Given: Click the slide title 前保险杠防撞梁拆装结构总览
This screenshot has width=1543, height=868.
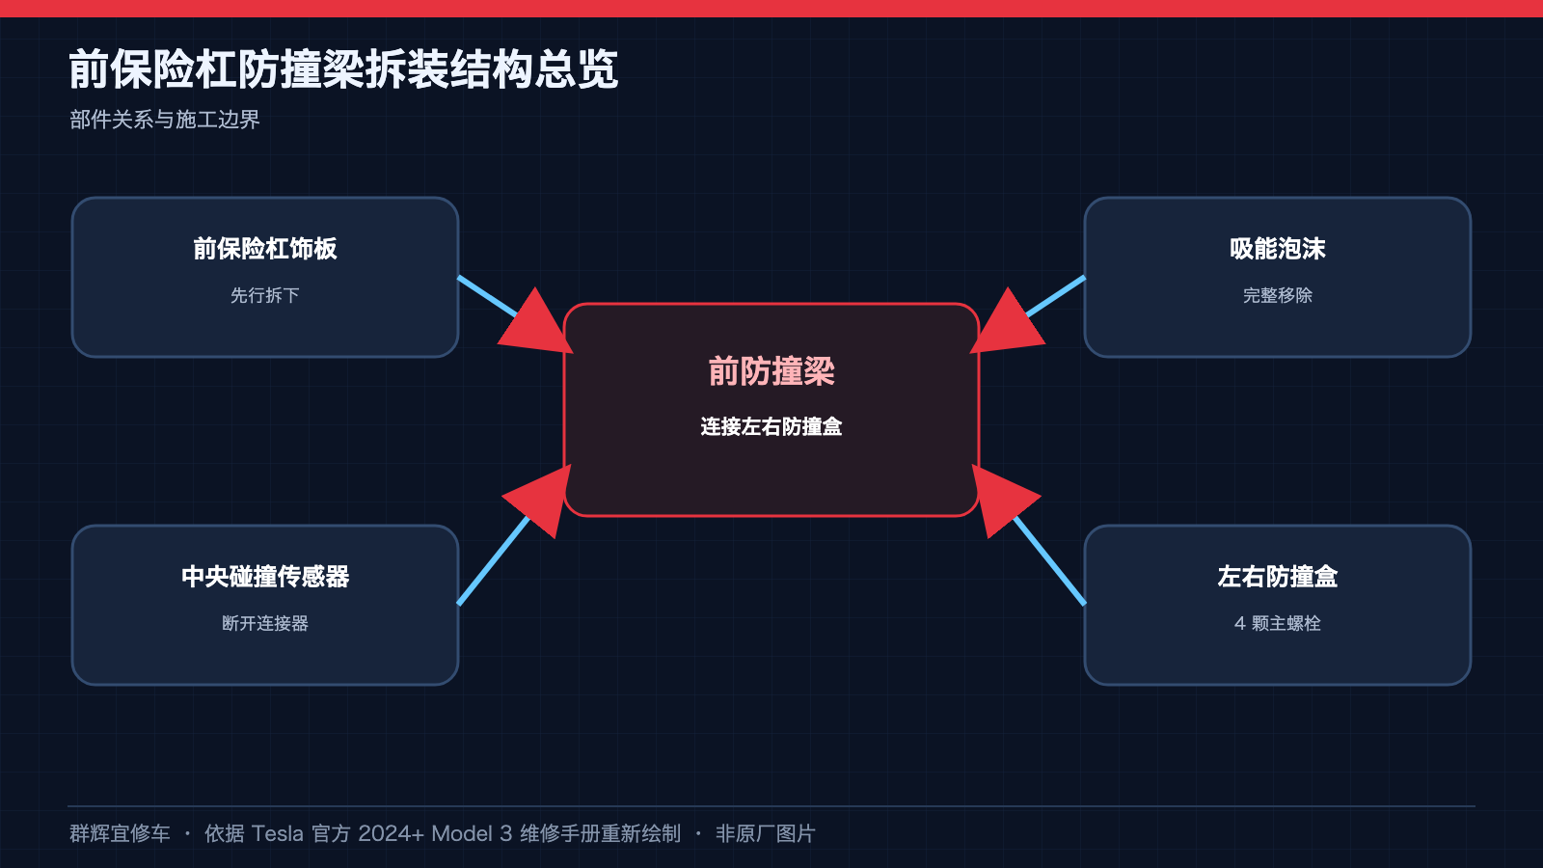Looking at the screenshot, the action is click(x=343, y=68).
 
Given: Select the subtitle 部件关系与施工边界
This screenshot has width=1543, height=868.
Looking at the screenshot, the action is click(x=165, y=120).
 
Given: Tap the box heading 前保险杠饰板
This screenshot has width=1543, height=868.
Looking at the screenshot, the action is click(x=265, y=249).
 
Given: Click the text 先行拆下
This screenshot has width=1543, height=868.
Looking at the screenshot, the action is click(x=265, y=295).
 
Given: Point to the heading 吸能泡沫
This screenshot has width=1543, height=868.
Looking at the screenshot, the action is click(x=1278, y=249).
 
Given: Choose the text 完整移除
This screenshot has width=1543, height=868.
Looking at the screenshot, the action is click(x=1278, y=295).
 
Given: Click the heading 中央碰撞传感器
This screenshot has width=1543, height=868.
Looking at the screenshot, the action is click(x=265, y=577).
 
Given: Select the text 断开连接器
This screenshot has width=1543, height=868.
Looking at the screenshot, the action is click(x=265, y=623).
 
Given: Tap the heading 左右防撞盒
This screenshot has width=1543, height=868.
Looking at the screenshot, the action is click(x=1278, y=577).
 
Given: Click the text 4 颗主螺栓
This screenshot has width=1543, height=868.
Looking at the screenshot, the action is click(x=1278, y=623).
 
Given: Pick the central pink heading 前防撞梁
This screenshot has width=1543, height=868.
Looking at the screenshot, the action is click(x=771, y=371).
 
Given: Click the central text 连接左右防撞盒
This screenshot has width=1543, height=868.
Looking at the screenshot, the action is click(x=771, y=427).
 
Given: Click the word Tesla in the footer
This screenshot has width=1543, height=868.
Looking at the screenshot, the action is click(x=277, y=833).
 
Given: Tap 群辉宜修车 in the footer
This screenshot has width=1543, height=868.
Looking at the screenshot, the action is click(x=120, y=833).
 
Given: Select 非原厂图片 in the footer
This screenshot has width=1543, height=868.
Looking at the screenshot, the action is click(x=766, y=833).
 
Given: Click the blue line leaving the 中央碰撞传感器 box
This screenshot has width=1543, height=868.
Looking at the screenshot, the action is click(x=494, y=560).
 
